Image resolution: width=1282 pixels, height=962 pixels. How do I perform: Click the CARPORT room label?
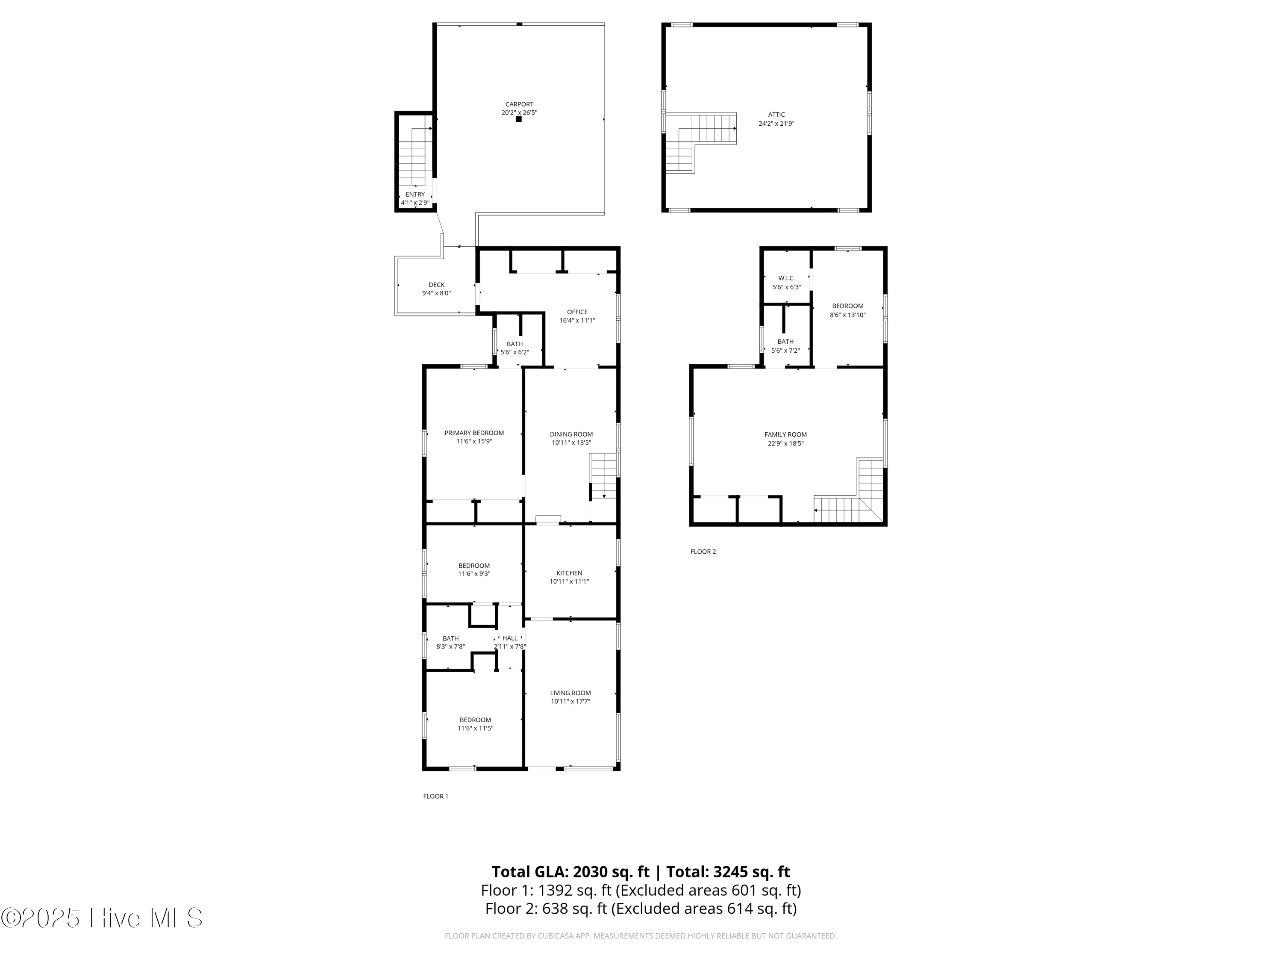tap(519, 104)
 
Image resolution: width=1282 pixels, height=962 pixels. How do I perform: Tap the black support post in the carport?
tap(519, 119)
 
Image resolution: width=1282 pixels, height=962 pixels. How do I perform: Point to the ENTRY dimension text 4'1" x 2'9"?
tap(415, 203)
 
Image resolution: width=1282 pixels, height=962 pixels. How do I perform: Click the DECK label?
tap(436, 285)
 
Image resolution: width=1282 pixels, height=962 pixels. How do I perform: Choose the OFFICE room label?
tap(577, 312)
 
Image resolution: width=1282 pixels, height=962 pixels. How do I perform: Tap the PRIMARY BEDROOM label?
tap(474, 433)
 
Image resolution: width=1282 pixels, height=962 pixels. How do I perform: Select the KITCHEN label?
tap(569, 573)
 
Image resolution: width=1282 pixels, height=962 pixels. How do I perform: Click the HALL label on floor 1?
tap(510, 638)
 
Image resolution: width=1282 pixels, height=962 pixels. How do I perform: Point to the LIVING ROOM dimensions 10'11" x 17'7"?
tap(570, 701)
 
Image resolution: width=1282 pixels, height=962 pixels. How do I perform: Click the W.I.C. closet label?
tap(786, 278)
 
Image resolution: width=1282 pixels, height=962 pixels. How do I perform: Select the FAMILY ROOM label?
tap(785, 434)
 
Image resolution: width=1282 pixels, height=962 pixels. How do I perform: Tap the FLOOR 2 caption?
tap(703, 552)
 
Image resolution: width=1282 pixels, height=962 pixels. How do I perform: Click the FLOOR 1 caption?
tap(436, 796)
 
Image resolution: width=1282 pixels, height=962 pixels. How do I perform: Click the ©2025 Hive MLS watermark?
tap(102, 918)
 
